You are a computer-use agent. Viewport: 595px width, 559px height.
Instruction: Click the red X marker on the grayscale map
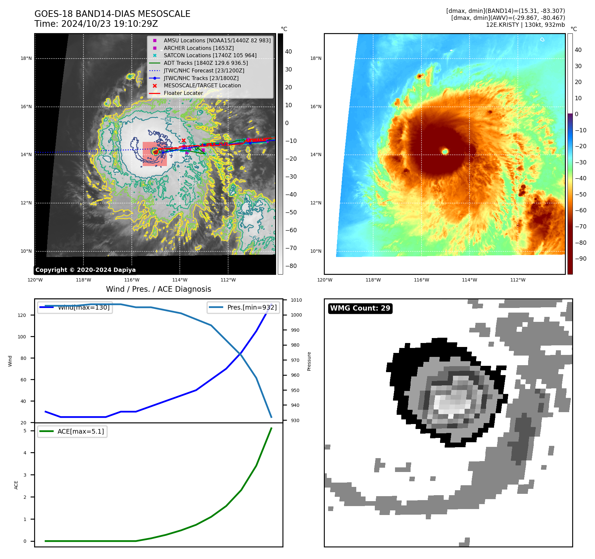coord(183,140)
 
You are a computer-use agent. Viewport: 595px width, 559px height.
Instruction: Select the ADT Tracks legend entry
coord(205,63)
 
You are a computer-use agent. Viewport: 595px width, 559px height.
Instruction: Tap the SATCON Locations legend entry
coord(210,55)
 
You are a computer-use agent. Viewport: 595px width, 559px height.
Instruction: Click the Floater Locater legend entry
coord(183,93)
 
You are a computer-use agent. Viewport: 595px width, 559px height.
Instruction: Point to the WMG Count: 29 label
coord(360,308)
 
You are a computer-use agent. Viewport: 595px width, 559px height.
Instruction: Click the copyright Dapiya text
coord(85,270)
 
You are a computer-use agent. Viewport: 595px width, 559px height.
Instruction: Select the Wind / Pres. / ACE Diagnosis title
coord(158,289)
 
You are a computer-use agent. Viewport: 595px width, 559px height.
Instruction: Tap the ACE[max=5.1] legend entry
coord(80,431)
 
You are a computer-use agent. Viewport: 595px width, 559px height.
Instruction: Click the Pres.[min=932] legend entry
coord(252,307)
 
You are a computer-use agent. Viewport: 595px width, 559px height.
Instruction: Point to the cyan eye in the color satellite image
coord(445,151)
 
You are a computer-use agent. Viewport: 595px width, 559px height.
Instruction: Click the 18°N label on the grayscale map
coord(26,59)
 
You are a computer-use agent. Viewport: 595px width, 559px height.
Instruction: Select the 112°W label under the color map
coord(518,280)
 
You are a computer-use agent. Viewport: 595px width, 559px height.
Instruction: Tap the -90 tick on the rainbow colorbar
coord(580,259)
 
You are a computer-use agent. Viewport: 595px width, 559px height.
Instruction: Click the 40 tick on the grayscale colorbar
coord(288,52)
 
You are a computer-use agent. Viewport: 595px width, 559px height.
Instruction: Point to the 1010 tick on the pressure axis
coord(296,300)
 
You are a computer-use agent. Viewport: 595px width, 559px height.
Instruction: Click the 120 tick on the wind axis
coord(22,315)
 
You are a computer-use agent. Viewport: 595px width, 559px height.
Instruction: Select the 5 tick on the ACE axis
coord(25,431)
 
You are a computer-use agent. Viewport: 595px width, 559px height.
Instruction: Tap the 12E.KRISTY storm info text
coord(525,25)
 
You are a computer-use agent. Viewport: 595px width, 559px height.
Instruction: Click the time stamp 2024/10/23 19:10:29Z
coord(109,24)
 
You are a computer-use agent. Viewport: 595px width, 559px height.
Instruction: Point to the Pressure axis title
coord(309,361)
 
